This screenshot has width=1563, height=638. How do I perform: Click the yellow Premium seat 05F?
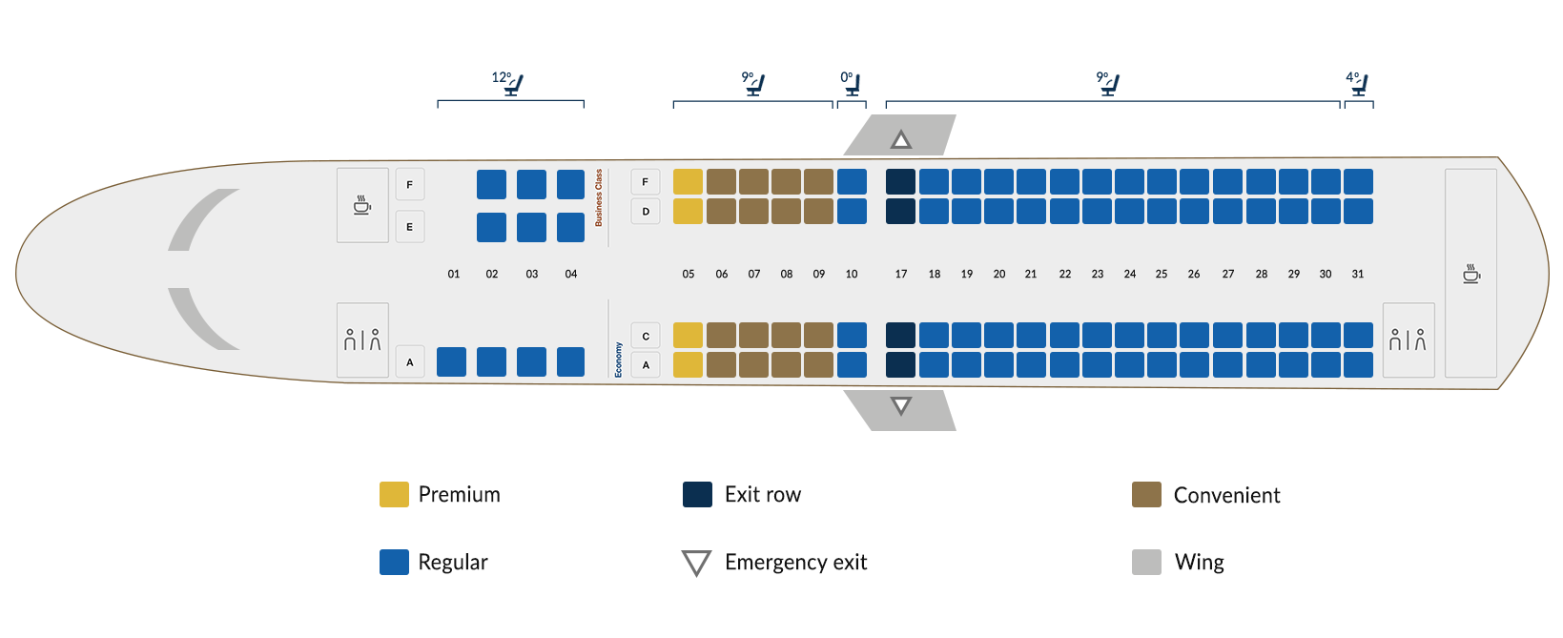pos(688,181)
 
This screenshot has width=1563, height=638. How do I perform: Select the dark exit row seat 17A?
pos(900,364)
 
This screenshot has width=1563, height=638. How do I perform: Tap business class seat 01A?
pos(451,362)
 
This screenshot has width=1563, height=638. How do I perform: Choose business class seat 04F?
pos(570,184)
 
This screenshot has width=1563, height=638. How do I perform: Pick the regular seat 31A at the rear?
pos(1358,364)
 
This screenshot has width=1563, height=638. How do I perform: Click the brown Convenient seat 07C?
pos(753,335)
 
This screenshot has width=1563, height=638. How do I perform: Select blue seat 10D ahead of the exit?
pos(852,211)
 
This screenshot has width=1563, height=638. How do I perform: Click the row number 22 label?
pos(1064,274)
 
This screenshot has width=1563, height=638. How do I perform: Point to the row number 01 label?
pos(454,274)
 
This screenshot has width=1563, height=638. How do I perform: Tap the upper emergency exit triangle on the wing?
pos(901,140)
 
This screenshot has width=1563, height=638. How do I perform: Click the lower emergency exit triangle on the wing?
pos(901,406)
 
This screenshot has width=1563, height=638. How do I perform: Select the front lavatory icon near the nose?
pos(362,340)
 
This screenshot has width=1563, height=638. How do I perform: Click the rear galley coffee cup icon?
pos(1471,275)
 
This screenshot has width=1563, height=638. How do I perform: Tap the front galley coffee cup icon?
pos(362,205)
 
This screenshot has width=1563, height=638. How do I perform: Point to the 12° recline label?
pos(502,77)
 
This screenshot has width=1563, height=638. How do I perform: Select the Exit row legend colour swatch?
pos(697,495)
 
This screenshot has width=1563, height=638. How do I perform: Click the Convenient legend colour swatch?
pos(1146,495)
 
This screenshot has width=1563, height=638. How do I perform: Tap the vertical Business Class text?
pos(599,197)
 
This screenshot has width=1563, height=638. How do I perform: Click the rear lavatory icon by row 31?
pos(1408,340)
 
